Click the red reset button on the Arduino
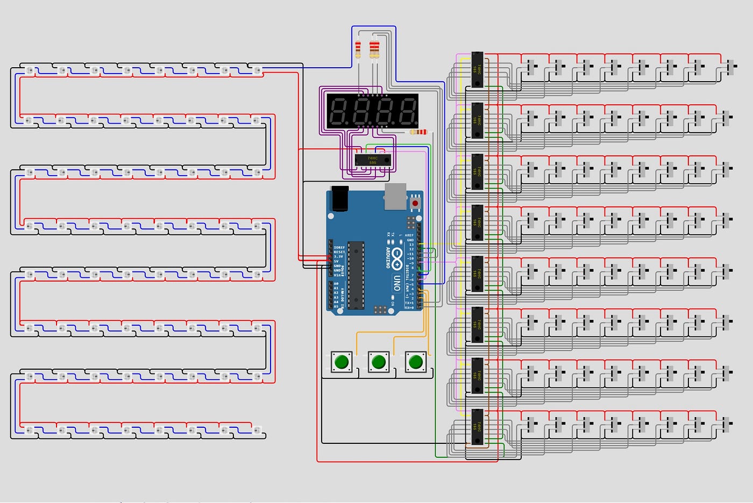tap(415, 204)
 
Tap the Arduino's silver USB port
tap(395, 197)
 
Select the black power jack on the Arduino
tap(339, 198)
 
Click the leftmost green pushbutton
tap(342, 362)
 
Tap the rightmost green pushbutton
tap(415, 362)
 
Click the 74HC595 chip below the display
tap(372, 160)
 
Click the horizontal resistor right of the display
tap(418, 132)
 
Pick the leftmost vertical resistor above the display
tap(358, 49)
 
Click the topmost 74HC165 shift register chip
tap(477, 69)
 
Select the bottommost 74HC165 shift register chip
tap(477, 427)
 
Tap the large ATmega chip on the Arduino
tap(356, 275)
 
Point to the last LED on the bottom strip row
tap(257, 430)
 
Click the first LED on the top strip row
tap(30, 70)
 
